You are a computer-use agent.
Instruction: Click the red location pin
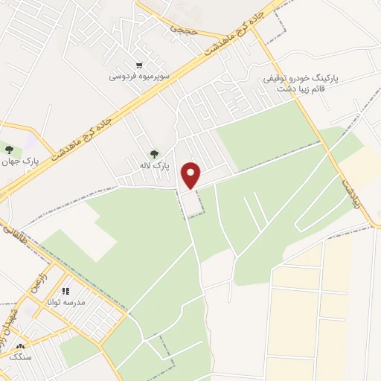(x=192, y=175)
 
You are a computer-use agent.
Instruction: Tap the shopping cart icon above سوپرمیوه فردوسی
(x=139, y=65)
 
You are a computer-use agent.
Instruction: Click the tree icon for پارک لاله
(x=154, y=154)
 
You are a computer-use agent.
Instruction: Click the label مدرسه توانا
(x=66, y=303)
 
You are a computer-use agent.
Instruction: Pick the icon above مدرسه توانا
(x=65, y=291)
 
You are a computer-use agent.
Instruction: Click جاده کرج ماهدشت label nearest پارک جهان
(x=83, y=137)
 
